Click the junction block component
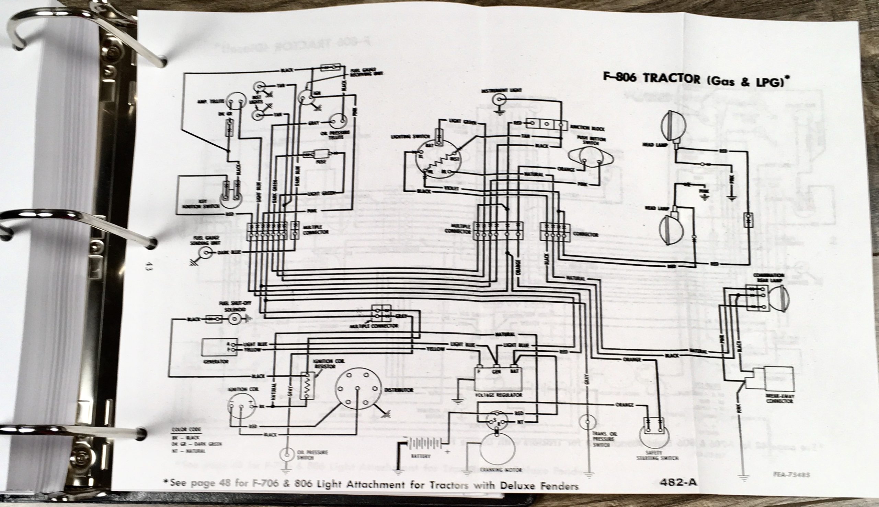point(547,124)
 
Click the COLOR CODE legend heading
point(185,430)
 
